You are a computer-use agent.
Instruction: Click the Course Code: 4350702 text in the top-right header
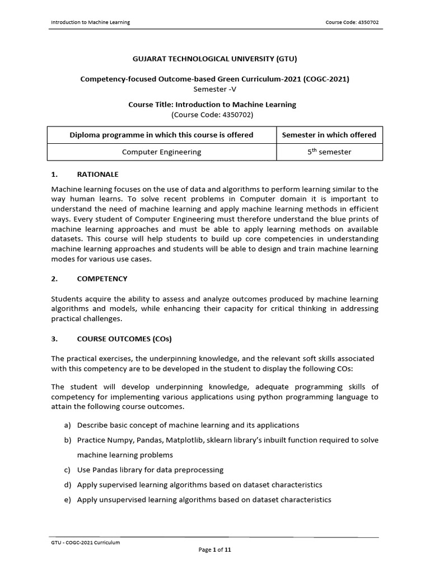355,22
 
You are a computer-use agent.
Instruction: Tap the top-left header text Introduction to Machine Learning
90,22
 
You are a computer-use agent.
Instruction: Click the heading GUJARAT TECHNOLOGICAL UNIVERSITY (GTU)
215,58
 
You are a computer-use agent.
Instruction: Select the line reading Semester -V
215,88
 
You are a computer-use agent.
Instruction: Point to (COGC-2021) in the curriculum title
326,79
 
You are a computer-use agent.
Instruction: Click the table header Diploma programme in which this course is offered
161,135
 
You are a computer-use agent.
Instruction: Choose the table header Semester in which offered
329,135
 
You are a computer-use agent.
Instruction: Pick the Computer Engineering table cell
161,152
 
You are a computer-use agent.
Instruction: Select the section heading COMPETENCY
102,278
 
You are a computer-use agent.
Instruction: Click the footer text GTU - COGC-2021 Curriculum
85,542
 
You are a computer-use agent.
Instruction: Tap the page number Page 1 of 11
215,550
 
